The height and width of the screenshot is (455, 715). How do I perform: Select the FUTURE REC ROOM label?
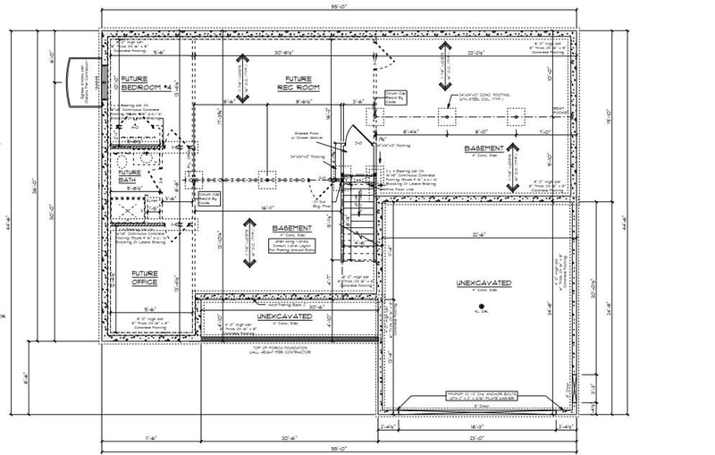299,83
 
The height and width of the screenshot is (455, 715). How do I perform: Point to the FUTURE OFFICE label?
145,278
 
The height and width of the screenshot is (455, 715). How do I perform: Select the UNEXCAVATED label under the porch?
284,317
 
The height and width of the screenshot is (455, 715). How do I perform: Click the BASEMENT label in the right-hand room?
484,147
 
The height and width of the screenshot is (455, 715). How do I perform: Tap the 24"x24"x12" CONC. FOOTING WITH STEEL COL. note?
484,95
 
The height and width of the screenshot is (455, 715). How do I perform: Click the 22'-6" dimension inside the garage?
479,235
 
